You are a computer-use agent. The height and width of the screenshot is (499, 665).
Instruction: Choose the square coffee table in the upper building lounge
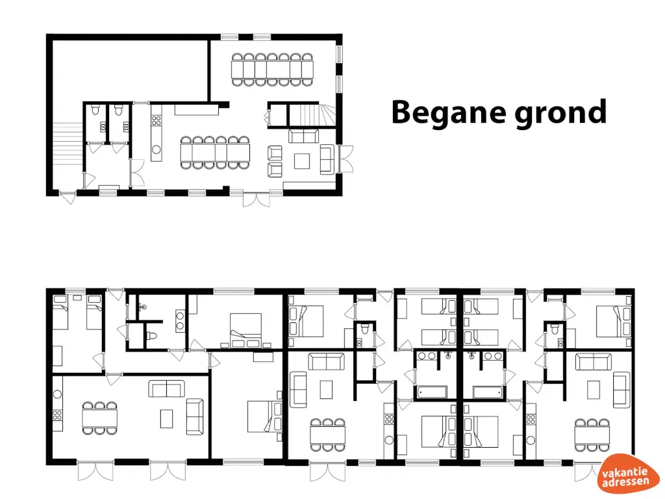[x=303, y=160]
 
